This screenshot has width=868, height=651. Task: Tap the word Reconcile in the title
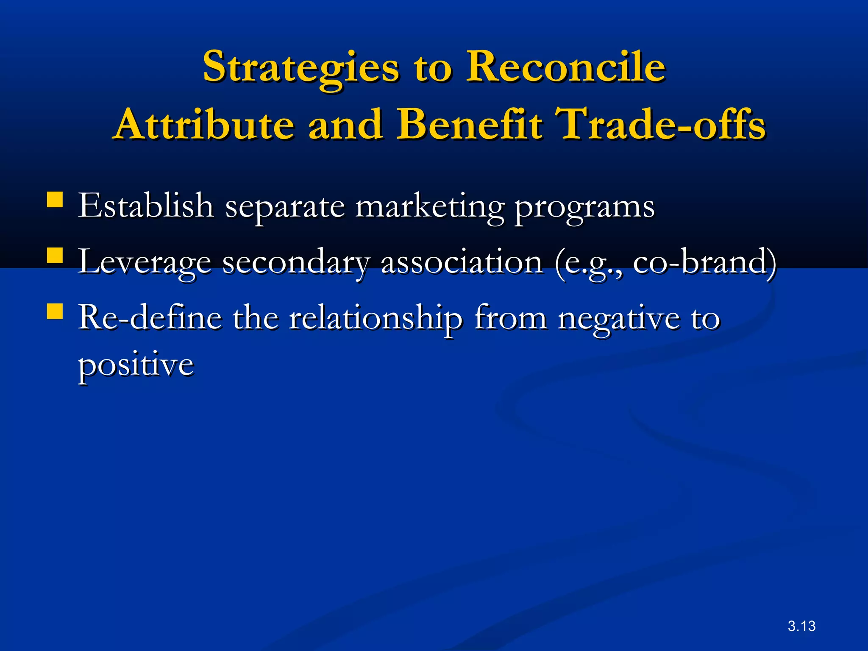[x=566, y=67]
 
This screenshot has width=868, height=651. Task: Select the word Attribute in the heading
[x=204, y=125]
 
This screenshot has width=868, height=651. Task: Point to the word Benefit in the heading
[x=469, y=125]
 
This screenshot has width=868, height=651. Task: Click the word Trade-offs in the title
[x=662, y=125]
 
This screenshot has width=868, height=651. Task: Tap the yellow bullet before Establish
[x=55, y=200]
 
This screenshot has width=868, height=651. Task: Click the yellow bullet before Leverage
[x=55, y=256]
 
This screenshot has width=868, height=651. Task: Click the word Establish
[x=146, y=206]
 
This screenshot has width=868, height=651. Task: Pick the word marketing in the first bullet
[x=430, y=207]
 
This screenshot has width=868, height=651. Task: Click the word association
[x=462, y=262]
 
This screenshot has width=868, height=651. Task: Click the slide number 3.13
[x=801, y=626]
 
